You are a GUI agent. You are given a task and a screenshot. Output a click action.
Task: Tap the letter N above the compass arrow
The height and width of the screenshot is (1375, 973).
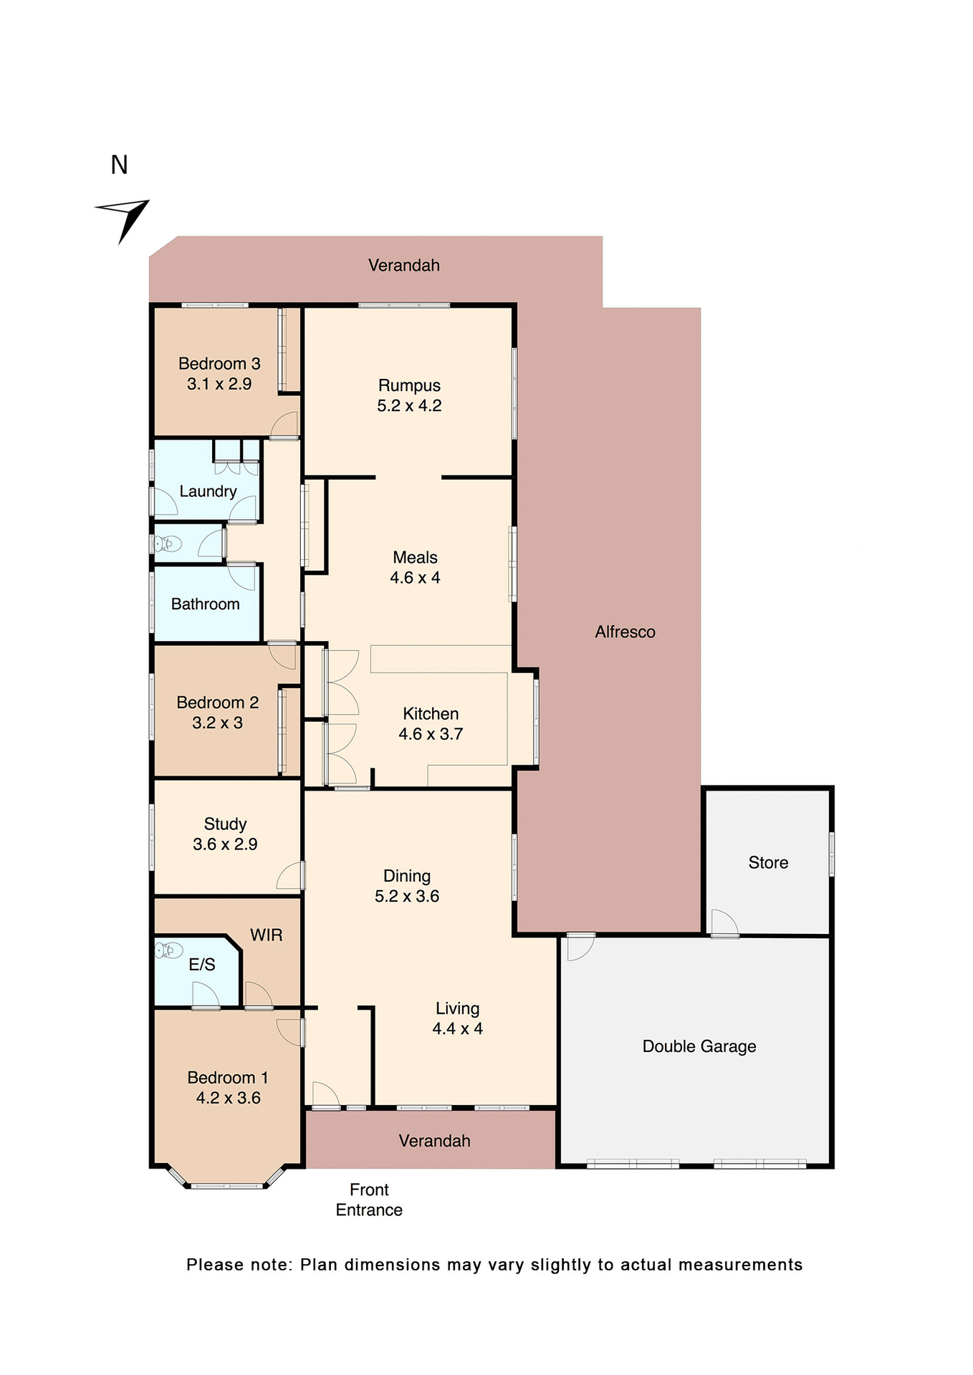point(119,165)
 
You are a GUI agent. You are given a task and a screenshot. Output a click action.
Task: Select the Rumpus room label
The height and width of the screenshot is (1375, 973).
point(409,386)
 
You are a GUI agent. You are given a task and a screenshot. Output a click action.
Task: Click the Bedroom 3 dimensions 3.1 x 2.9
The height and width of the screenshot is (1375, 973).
point(219,384)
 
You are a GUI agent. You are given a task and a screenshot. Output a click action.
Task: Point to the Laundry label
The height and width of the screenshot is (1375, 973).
point(208,491)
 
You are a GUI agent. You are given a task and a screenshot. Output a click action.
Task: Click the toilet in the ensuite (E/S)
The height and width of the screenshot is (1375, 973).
point(168,950)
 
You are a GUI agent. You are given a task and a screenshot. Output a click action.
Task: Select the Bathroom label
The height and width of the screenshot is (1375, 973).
point(205,604)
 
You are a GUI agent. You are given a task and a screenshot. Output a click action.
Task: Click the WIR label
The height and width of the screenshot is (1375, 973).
point(266,935)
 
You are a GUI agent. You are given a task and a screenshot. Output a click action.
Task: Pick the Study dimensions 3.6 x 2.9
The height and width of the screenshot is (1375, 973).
point(224,844)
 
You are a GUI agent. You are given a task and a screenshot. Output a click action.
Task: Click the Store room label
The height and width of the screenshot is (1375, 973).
point(768,863)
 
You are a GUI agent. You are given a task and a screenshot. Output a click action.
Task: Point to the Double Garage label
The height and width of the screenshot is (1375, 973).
point(699,1047)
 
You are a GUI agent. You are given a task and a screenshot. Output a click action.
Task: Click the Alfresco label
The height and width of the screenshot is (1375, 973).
point(625,632)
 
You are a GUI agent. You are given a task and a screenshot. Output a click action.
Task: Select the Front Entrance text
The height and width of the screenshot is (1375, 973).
point(369,1200)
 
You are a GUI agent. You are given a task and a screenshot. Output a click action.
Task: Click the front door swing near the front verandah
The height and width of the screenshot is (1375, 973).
point(325,1095)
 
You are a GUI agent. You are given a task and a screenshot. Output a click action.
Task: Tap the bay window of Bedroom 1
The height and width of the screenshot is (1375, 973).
point(226,1185)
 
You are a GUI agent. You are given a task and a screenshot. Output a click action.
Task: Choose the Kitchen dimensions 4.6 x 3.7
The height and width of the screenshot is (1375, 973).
point(430,734)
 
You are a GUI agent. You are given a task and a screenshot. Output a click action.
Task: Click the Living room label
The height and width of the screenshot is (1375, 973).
point(457,1009)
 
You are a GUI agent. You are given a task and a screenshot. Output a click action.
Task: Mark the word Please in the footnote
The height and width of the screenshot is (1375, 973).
point(214,1265)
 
